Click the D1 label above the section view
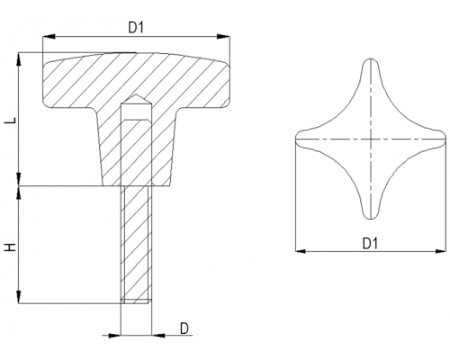[136, 28]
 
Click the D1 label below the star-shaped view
[370, 243]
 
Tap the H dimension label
[11, 247]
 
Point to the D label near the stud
[184, 328]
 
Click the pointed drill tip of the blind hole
[136, 94]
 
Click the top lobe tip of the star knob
[371, 59]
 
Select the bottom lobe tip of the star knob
[371, 219]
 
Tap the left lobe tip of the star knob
[296, 139]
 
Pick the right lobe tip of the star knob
[445, 139]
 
